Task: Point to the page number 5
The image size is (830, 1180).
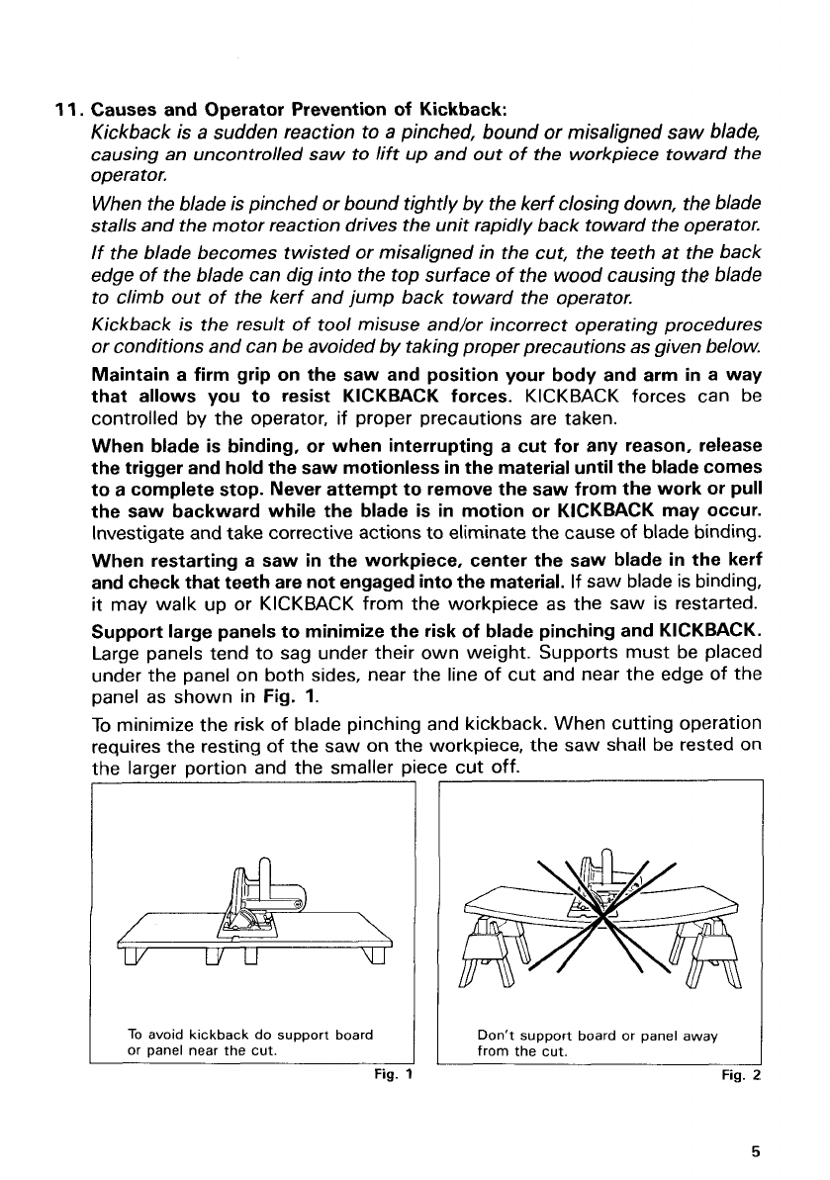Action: [755, 1149]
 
